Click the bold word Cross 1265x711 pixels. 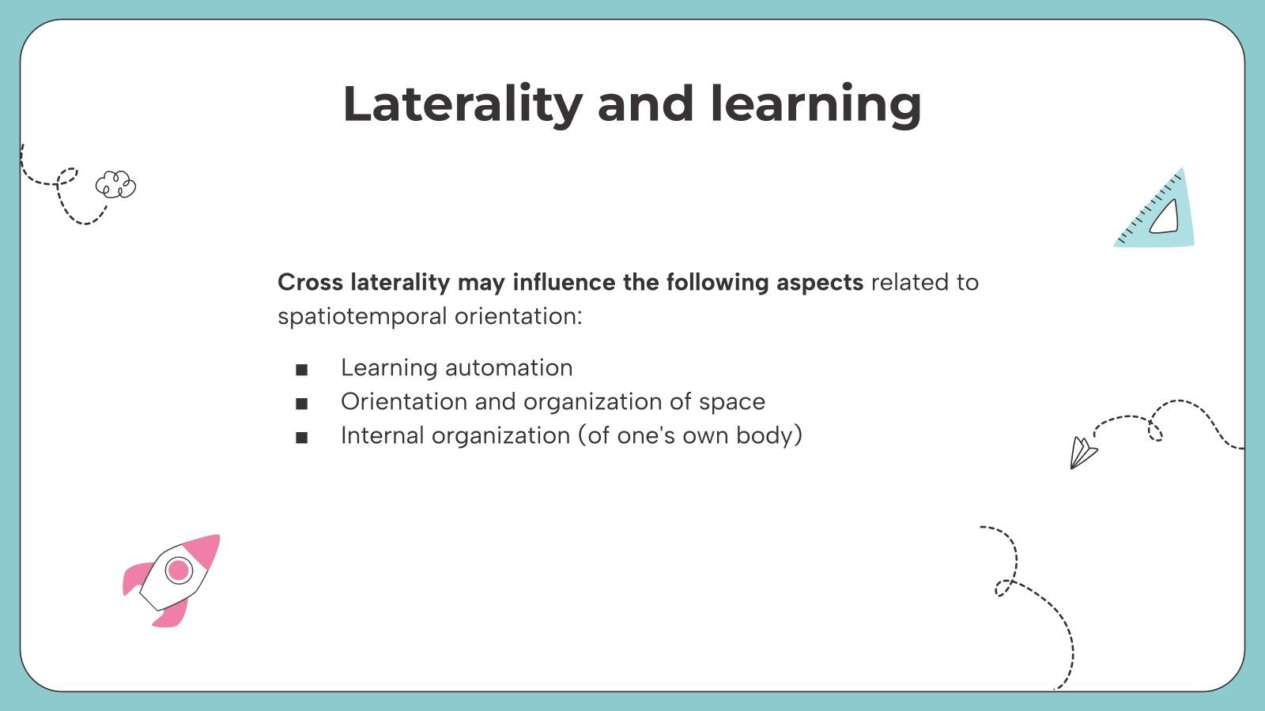pyautogui.click(x=310, y=282)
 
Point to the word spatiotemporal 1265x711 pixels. pyautogui.click(x=362, y=317)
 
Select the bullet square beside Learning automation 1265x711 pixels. pyautogui.click(x=301, y=370)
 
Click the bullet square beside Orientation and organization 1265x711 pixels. pyautogui.click(x=301, y=404)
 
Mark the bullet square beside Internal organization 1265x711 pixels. pyautogui.click(x=301, y=438)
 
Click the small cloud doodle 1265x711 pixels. pyautogui.click(x=115, y=185)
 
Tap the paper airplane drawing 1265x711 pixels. pyautogui.click(x=1082, y=453)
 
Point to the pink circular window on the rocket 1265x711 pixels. pyautogui.click(x=179, y=570)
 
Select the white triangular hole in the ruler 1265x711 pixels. pyautogui.click(x=1165, y=217)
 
